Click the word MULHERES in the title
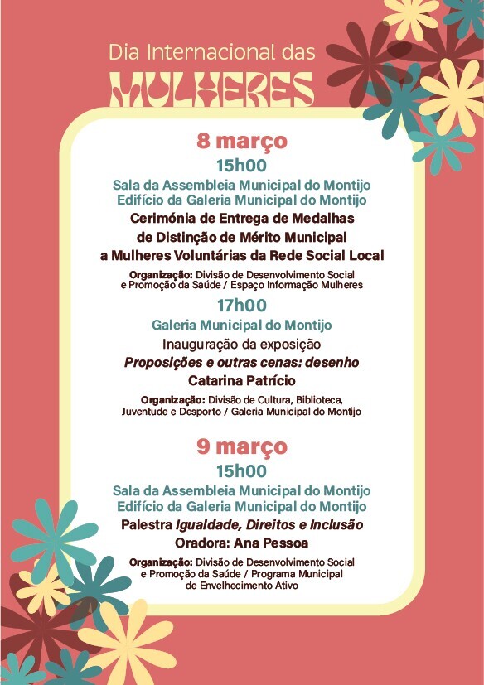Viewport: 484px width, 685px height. tap(211, 89)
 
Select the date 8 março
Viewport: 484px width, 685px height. tap(241, 141)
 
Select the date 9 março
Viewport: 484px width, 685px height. tap(241, 446)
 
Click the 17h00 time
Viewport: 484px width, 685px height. tap(241, 306)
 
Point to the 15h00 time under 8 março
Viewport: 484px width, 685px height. tap(241, 165)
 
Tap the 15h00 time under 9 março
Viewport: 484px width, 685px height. tap(241, 470)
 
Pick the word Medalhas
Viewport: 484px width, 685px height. tap(319, 218)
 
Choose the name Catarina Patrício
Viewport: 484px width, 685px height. tap(241, 381)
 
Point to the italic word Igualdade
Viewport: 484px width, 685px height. tap(208, 525)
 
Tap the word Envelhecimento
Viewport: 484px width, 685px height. tap(230, 585)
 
